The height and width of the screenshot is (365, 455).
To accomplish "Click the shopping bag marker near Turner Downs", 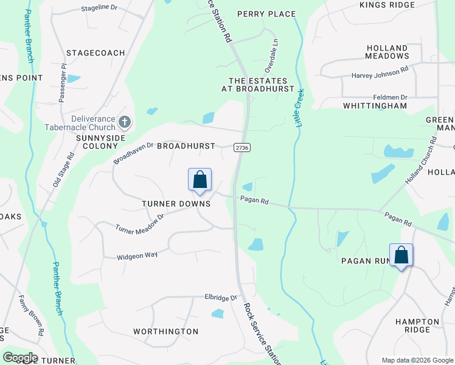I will [200, 180].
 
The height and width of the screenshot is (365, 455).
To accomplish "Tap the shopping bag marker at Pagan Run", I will [401, 255].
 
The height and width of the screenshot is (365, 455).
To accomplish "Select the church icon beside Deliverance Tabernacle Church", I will [124, 123].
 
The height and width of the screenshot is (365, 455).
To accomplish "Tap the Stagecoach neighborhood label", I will [96, 53].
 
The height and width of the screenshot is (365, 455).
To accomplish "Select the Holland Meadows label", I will [387, 52].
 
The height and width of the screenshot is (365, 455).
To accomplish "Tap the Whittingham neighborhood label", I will [375, 105].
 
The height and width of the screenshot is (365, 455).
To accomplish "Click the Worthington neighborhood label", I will [165, 332].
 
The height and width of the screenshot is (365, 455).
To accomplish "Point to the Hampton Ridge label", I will [417, 325].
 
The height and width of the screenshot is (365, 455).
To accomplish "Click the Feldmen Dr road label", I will [391, 97].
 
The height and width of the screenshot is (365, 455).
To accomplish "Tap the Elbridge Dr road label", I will [221, 298].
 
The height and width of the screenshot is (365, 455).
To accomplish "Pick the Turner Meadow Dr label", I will [140, 223].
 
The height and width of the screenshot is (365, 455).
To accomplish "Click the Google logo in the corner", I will [20, 358].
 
